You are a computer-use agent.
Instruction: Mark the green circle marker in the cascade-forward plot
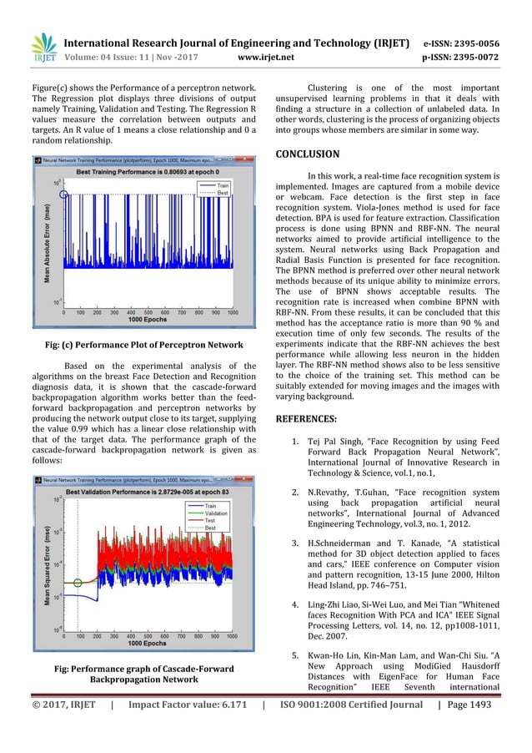tap(78, 583)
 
